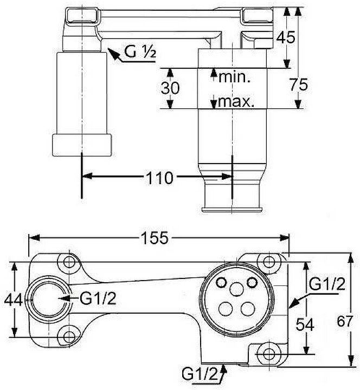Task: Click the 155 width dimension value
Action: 155,237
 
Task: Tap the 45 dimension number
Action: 286,37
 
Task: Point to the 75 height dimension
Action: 300,85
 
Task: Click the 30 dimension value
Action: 170,88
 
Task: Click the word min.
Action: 234,77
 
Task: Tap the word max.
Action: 237,101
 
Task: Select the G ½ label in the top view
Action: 140,53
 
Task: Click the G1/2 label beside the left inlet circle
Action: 98,298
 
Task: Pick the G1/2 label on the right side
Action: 327,284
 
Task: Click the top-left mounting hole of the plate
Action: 69,262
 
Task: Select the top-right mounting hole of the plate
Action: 268,261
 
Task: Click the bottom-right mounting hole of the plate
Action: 268,353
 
